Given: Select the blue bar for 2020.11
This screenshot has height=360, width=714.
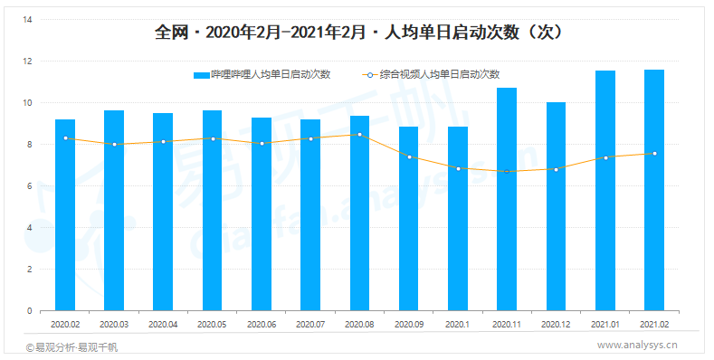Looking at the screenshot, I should coord(507,199).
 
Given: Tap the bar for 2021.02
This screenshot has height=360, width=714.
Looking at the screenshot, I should coord(654,190).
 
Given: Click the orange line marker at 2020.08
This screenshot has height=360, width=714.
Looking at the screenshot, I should coord(359,135).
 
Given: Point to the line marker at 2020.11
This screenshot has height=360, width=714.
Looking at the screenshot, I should coord(507,171).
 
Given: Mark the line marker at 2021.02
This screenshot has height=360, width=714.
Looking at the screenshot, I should coord(654,154).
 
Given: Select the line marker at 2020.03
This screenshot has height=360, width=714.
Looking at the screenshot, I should coord(114,144).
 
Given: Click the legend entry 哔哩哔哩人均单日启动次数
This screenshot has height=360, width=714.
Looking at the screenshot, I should coord(262,74).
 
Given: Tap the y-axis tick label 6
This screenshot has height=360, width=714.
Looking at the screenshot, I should coord(30,186).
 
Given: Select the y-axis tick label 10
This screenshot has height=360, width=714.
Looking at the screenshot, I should coord(27,103).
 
